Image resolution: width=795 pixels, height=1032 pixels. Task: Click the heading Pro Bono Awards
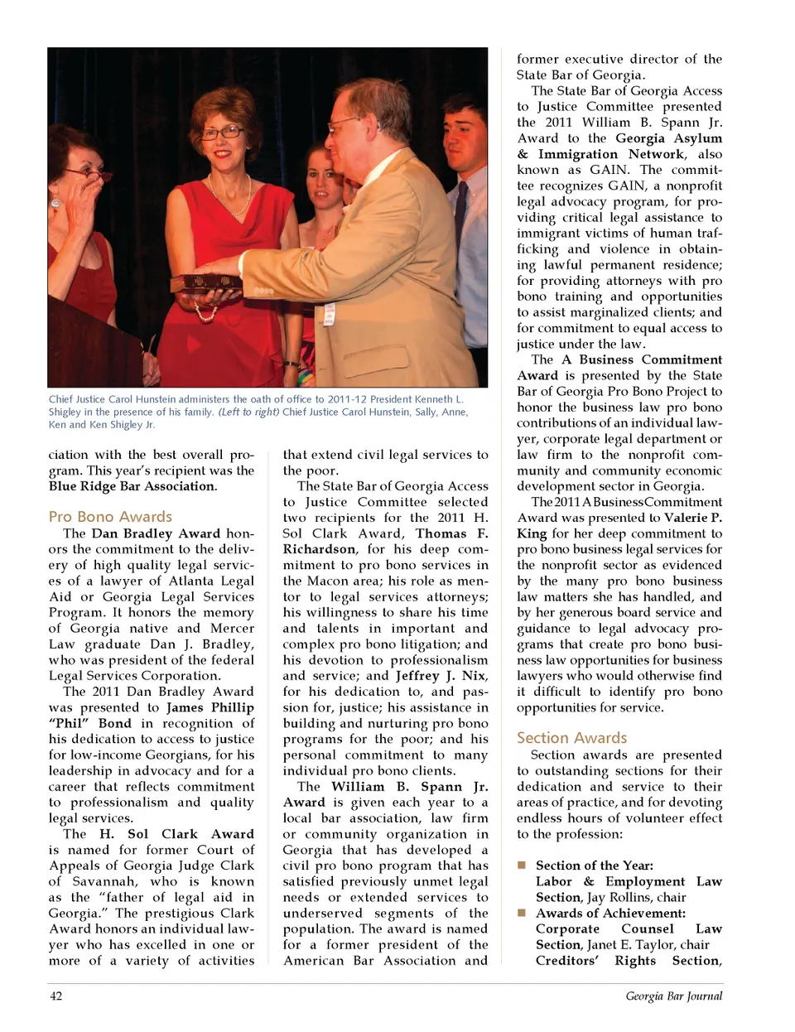110,517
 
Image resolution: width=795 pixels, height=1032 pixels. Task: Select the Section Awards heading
571,738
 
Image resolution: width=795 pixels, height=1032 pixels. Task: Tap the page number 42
55,996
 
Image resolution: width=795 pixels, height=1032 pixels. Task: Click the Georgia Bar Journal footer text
673,996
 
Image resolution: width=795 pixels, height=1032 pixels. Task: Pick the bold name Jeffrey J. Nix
439,676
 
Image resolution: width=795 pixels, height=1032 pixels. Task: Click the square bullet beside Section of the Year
522,865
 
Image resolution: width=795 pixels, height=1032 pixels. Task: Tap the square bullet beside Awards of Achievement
522,913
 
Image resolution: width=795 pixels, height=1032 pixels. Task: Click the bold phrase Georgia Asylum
668,138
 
